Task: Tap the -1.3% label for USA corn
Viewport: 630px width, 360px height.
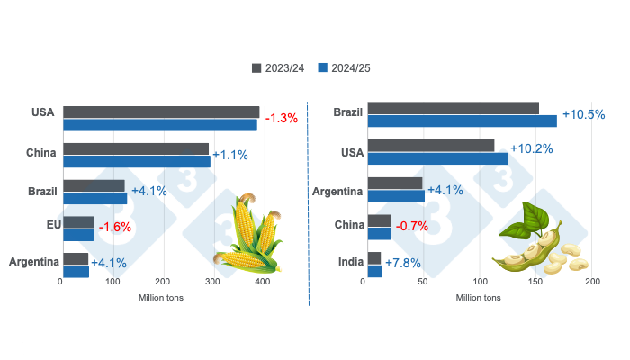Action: pyautogui.click(x=281, y=118)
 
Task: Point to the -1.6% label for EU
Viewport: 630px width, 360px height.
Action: pyautogui.click(x=114, y=227)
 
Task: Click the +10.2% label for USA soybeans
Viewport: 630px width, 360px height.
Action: pyautogui.click(x=531, y=148)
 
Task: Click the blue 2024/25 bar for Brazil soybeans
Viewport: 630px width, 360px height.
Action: pyautogui.click(x=462, y=121)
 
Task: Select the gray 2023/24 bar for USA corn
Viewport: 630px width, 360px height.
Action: pyautogui.click(x=161, y=112)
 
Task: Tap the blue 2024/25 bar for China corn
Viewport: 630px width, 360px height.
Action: pyautogui.click(x=137, y=161)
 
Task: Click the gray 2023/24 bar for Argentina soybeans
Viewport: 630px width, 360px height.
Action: pyautogui.click(x=396, y=184)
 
